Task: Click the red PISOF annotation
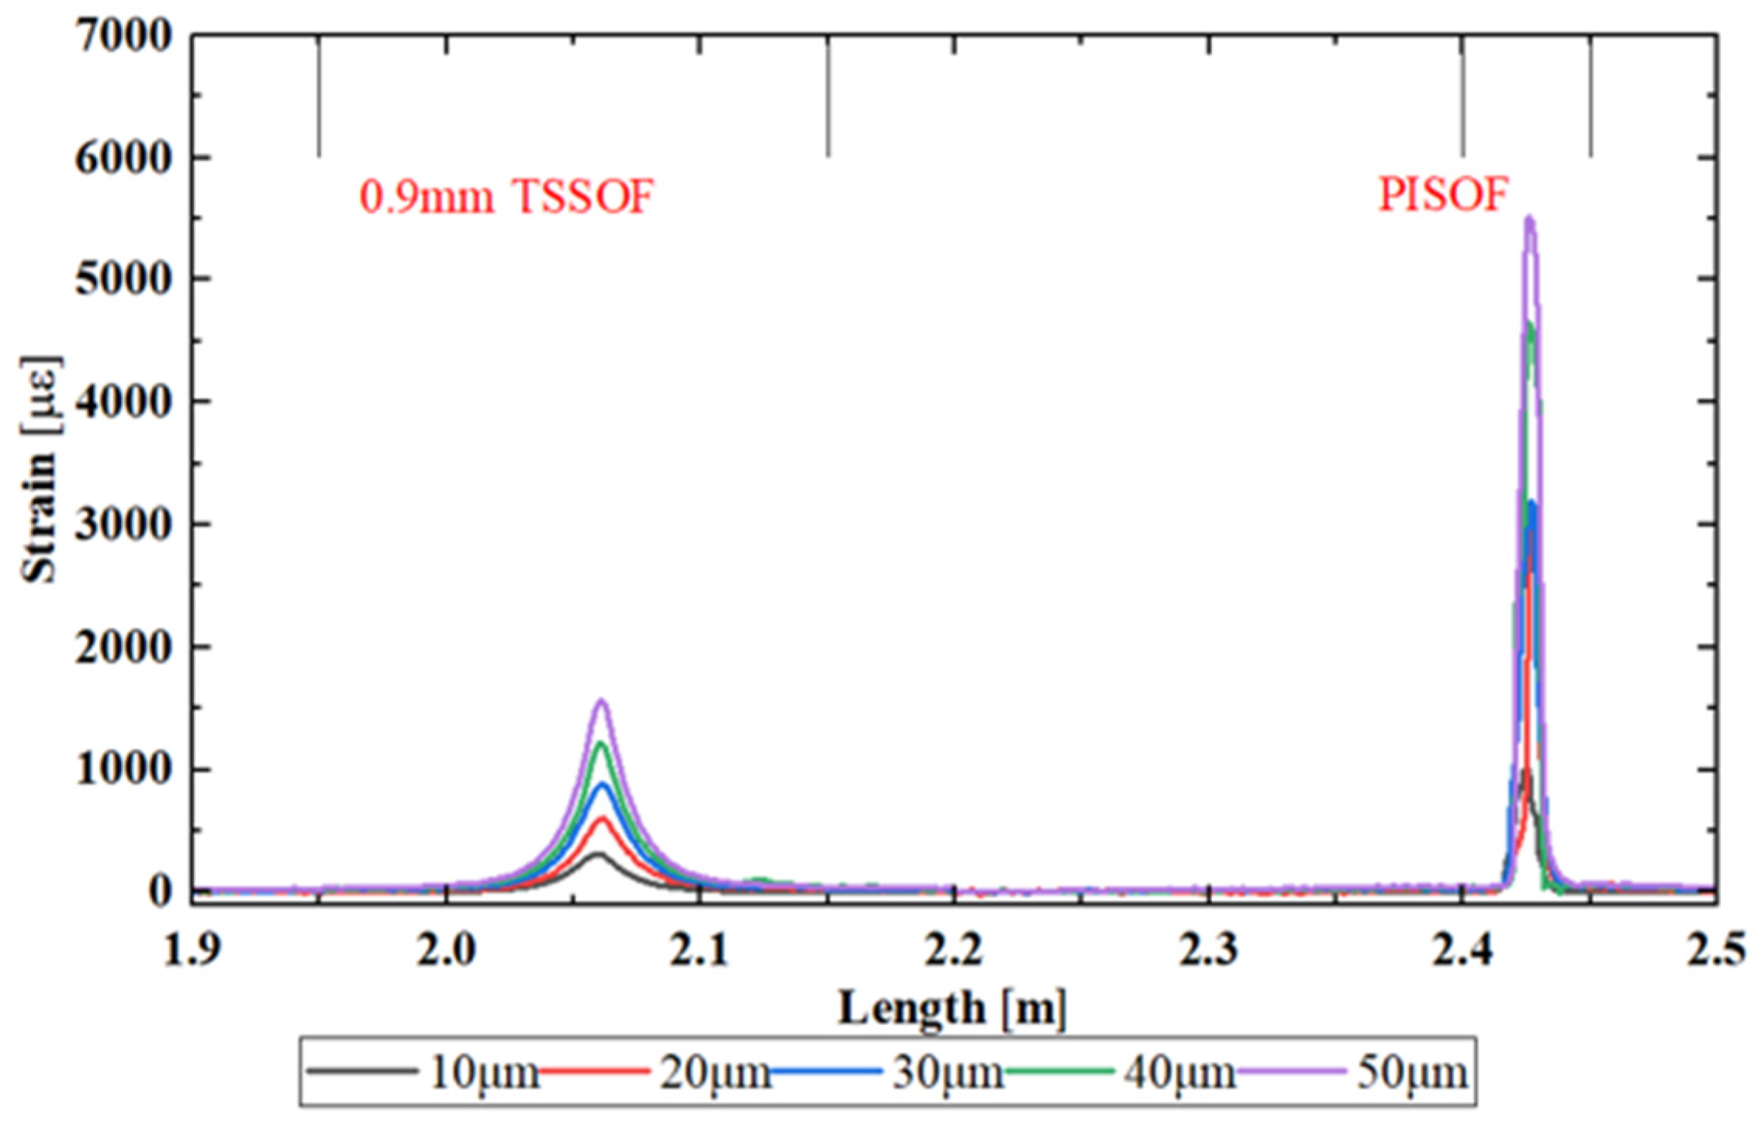(x=1442, y=195)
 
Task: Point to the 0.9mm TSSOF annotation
(x=506, y=197)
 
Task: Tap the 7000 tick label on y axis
(x=123, y=36)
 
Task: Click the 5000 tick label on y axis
(x=123, y=280)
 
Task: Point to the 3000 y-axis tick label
(x=123, y=525)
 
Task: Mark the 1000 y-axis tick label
(x=123, y=770)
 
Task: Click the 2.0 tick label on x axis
(x=446, y=951)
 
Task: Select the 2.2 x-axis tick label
(x=955, y=951)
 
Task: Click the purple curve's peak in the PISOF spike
(x=1530, y=219)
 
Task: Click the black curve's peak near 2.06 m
(x=597, y=854)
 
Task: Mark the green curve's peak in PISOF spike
(x=1530, y=324)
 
